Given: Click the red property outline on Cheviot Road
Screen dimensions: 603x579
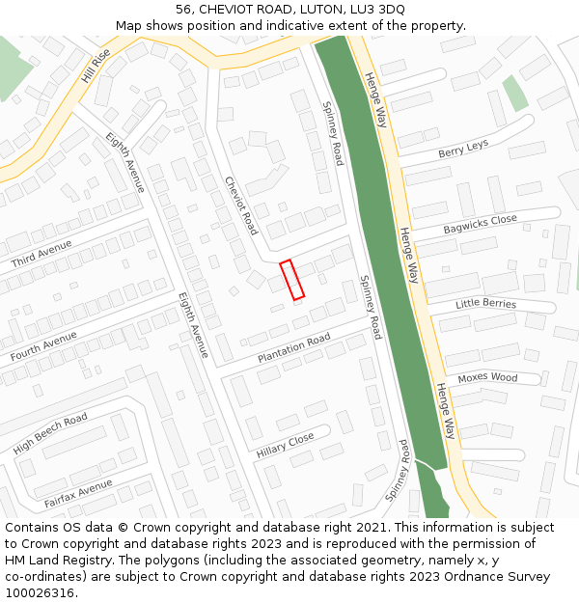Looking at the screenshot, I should [x=291, y=279].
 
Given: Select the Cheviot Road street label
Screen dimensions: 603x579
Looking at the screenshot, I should [x=241, y=205].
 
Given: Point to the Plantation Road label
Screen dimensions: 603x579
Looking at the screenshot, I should [x=293, y=348].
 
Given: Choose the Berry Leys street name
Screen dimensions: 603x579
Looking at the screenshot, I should [x=463, y=149].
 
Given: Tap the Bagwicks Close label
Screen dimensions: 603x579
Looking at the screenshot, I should [x=480, y=225].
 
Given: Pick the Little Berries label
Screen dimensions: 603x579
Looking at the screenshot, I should [x=485, y=305].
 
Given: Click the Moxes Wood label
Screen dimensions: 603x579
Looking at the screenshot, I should [x=487, y=378].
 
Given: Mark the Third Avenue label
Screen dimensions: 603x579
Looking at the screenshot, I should [x=41, y=255].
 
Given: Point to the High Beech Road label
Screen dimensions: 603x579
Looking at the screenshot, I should [x=50, y=433].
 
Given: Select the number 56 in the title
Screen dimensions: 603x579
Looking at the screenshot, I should [x=183, y=10].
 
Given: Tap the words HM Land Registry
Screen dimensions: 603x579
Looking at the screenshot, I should [x=51, y=560].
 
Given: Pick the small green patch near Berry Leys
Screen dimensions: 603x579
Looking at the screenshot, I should [x=515, y=93].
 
